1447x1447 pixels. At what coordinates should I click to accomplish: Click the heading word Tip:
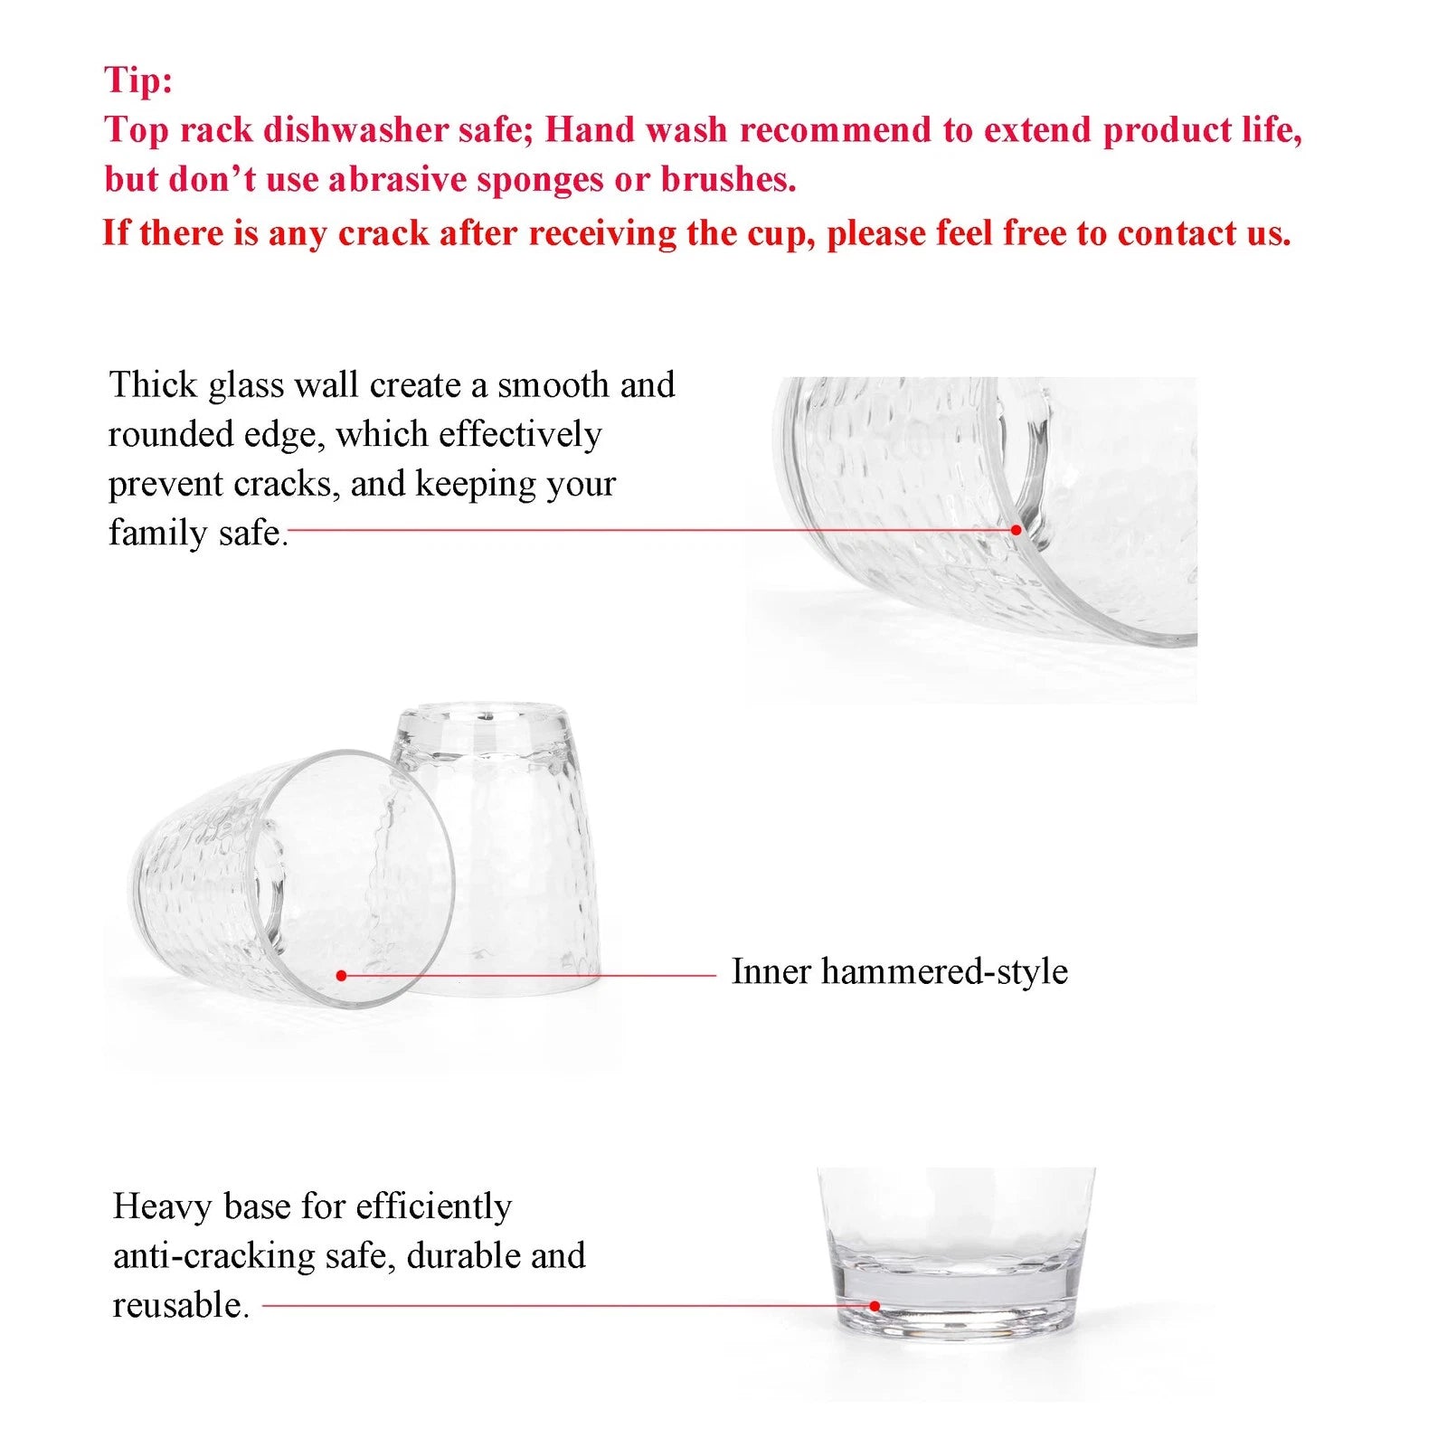coord(137,80)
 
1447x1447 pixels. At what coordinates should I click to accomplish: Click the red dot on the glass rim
coord(1016,530)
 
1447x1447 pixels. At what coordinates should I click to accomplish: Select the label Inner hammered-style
coord(899,971)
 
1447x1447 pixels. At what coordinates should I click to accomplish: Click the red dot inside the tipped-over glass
coord(341,975)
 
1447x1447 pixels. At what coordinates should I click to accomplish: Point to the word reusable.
coord(179,1306)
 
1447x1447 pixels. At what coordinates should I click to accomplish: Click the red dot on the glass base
coord(875,1306)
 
